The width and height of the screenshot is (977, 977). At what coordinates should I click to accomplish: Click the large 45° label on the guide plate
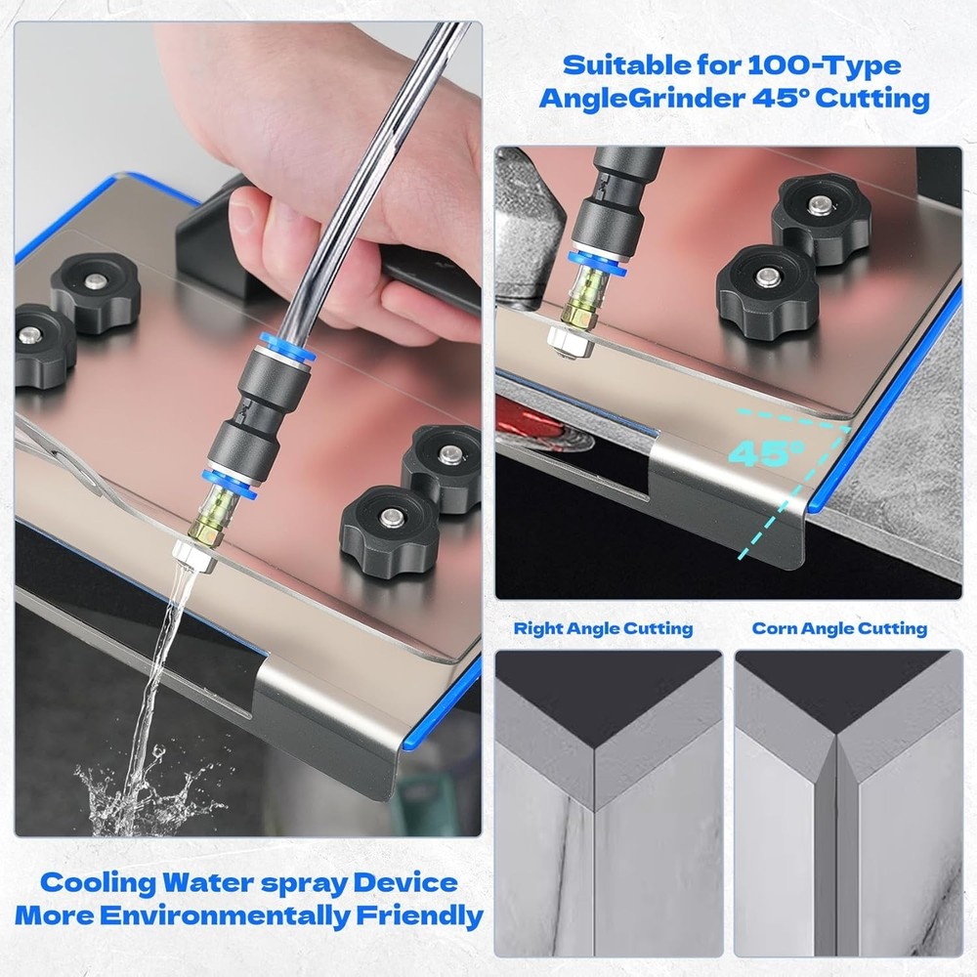pos(766,453)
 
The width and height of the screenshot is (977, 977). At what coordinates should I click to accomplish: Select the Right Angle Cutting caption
pos(603,628)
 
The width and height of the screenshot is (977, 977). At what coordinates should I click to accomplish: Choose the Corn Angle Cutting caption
pos(839,628)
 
